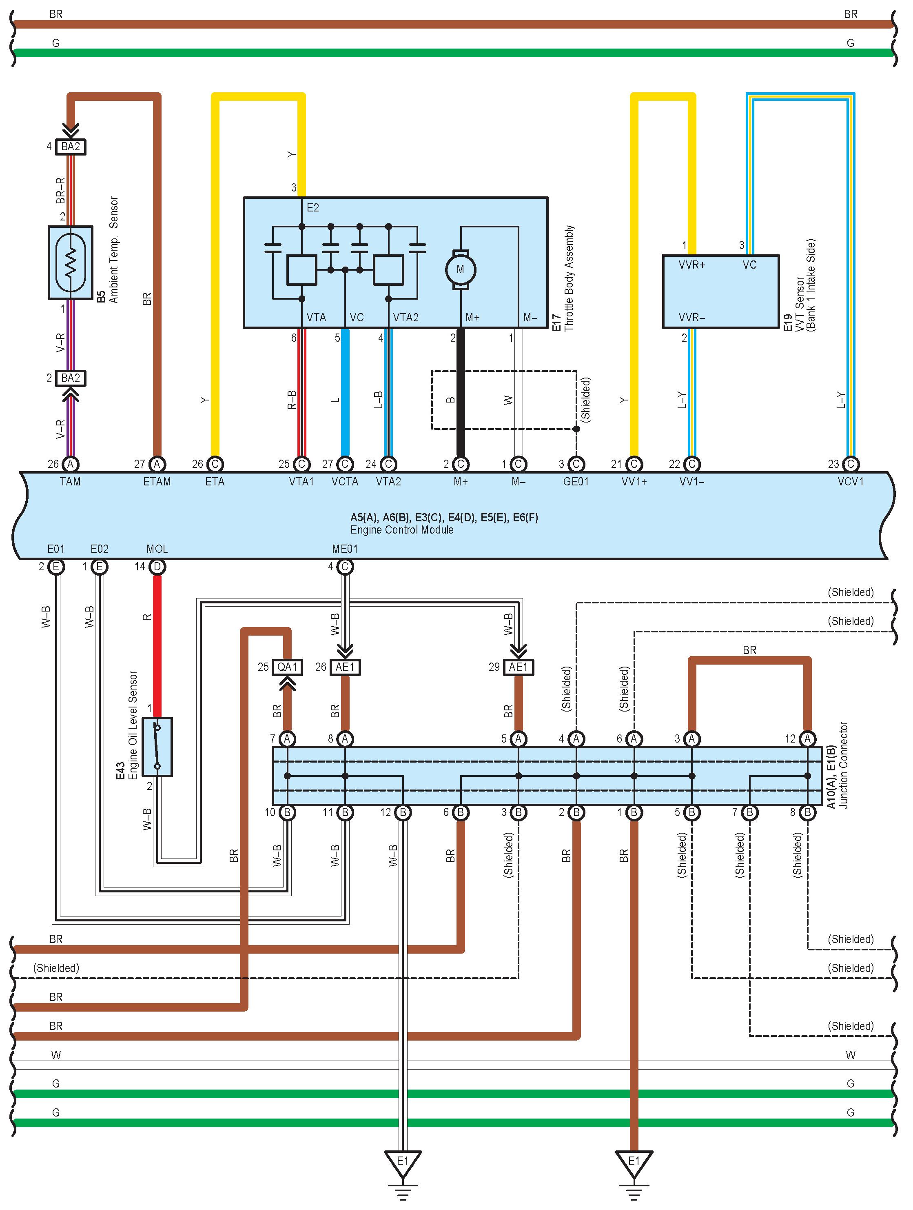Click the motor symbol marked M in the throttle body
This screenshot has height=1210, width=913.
(460, 269)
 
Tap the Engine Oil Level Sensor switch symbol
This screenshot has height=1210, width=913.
(157, 747)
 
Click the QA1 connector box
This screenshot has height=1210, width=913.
(287, 667)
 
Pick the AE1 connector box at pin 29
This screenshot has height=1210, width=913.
(518, 667)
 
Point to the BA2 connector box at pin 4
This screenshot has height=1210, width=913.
(71, 147)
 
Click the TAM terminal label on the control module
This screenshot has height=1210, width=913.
(70, 481)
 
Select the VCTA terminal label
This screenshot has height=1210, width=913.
(345, 481)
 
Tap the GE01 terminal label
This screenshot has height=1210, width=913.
(576, 481)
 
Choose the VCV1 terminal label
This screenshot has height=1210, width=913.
(850, 481)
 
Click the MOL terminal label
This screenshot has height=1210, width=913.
(157, 549)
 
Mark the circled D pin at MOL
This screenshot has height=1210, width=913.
(157, 567)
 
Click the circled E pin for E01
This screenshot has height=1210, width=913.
(56, 567)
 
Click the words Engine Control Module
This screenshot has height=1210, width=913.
(402, 529)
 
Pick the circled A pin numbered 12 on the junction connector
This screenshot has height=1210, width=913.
(807, 739)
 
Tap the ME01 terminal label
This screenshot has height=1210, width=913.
(345, 549)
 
